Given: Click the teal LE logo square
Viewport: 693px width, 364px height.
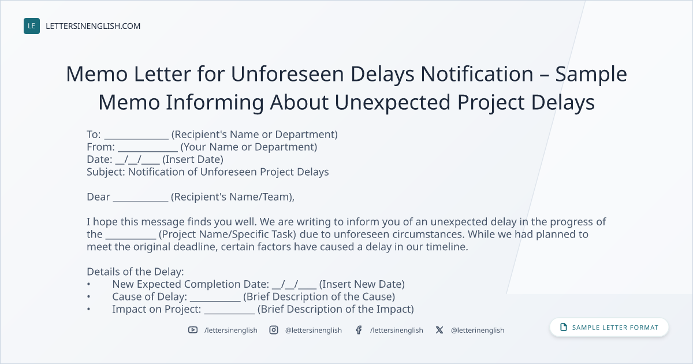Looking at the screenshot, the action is coord(32,26).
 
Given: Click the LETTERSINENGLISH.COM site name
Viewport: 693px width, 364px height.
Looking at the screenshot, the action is coord(93,26).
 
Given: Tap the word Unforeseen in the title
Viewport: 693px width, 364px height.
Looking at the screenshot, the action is coord(288,74).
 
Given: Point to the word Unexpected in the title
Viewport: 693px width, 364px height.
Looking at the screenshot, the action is coord(392,102).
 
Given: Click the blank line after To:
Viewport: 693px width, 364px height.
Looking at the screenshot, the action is coord(136,138).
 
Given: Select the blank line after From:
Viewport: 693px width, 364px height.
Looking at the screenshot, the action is coord(148,151).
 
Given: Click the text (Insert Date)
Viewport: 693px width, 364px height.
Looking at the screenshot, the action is coord(193,159).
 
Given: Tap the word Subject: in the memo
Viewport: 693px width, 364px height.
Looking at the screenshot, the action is coord(106,172).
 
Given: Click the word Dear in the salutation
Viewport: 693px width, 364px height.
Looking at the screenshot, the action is coord(98,197).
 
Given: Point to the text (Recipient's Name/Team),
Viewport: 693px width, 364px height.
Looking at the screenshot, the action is coord(233,197).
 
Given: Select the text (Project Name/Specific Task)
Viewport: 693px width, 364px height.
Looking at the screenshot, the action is coord(228,235).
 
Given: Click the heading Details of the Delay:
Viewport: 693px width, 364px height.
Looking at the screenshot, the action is coord(135,272).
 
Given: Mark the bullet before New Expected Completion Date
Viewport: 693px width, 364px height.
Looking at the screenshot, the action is coord(88,284).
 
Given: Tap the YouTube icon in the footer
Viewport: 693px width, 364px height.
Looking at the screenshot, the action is coord(193,330).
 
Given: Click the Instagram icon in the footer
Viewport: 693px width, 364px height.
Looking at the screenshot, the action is coord(274,330).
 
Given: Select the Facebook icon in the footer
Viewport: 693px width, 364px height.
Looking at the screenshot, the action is coord(359,330).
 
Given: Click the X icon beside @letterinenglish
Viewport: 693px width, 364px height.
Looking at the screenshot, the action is coord(439,330).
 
